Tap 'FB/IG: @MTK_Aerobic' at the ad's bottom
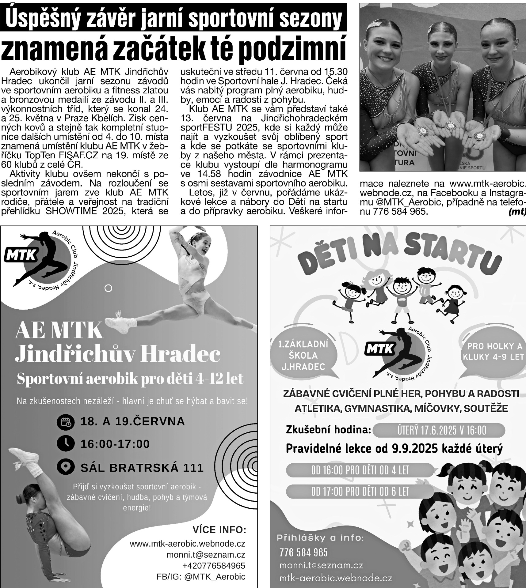pyautogui.click(x=201, y=577)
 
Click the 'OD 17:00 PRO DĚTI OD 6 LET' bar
pyautogui.click(x=360, y=492)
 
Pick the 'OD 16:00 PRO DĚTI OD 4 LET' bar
pyautogui.click(x=360, y=470)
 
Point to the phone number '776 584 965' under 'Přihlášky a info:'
pyautogui.click(x=303, y=552)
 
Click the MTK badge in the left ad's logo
pyautogui.click(x=21, y=255)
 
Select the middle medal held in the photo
pyautogui.click(x=450, y=125)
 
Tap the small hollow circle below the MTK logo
pyautogui.click(x=108, y=288)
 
